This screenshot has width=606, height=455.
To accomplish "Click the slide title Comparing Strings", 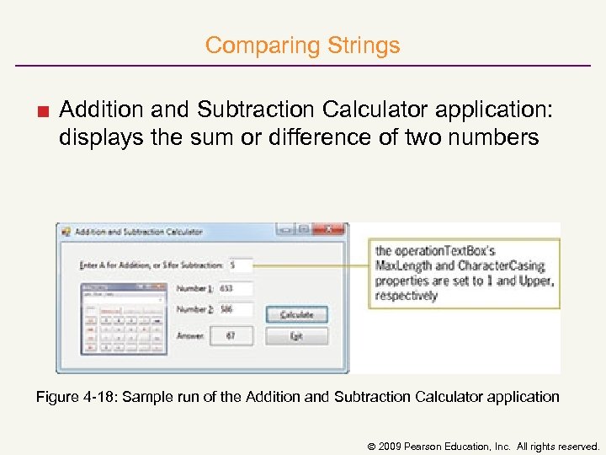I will tap(302, 45).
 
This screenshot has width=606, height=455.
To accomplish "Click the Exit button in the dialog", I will tap(296, 336).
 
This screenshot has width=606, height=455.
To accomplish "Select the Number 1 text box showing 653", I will tap(236, 288).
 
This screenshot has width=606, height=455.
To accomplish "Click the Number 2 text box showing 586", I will tap(236, 309).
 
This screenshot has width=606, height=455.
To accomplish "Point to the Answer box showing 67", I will tap(231, 336).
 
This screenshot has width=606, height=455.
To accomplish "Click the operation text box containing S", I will tap(240, 265).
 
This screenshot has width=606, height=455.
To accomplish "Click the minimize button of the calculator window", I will tap(286, 229).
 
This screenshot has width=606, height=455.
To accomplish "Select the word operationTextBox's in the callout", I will tap(435, 250).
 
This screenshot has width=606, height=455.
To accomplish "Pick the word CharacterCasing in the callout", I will tap(502, 265).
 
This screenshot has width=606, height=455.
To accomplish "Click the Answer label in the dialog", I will tap(189, 336).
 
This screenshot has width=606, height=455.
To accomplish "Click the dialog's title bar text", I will tap(138, 232).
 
